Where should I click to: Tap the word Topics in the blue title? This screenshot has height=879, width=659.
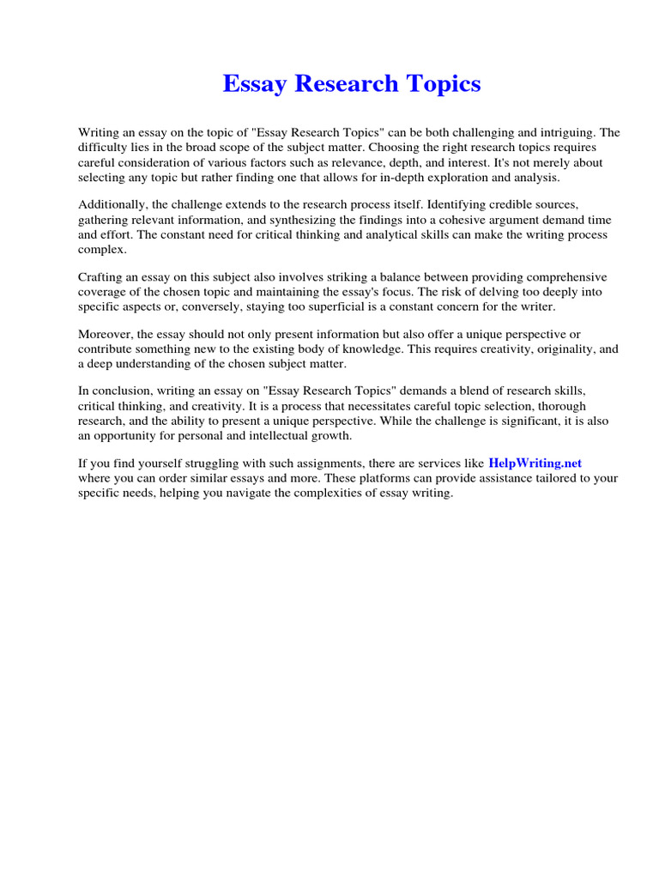coord(441,84)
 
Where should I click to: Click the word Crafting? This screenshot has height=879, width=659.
coord(102,277)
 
